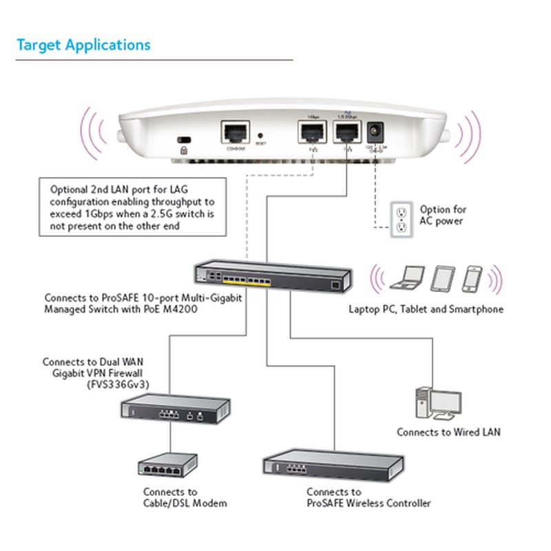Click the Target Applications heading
point(83,45)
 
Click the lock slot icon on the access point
point(183,140)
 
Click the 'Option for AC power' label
point(444,215)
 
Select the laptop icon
point(406,278)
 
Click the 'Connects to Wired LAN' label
point(448,433)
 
